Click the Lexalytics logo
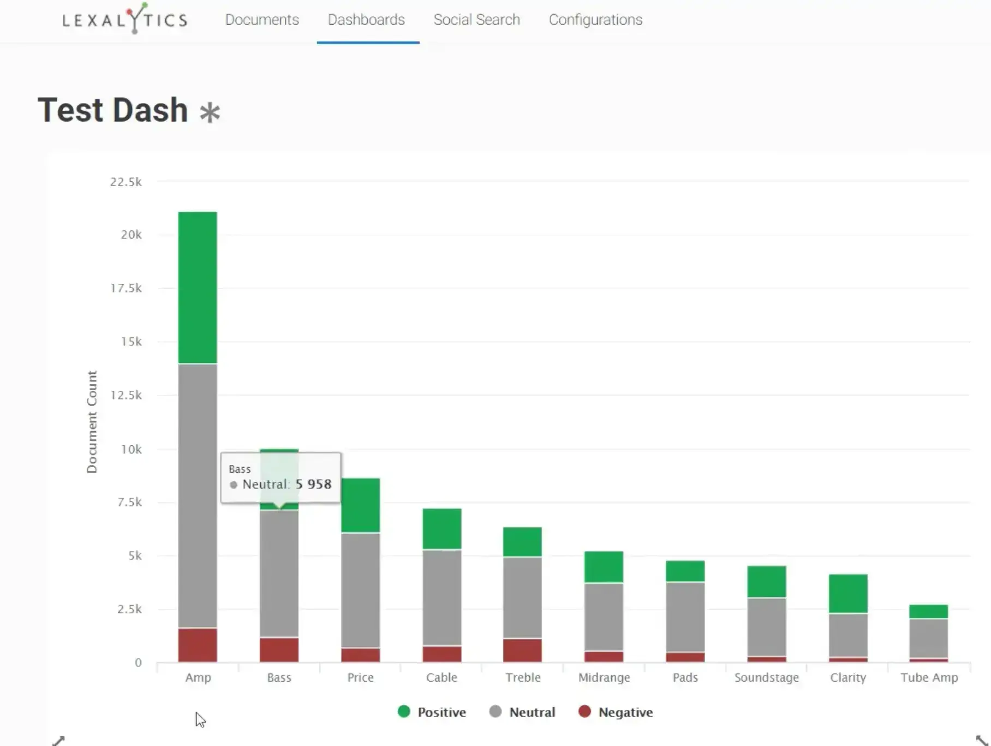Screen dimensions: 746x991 tap(125, 20)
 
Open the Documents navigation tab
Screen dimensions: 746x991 tap(262, 20)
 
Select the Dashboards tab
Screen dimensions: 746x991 tap(366, 20)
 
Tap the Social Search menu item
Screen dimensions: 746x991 tap(476, 20)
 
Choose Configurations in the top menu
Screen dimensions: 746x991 tap(595, 20)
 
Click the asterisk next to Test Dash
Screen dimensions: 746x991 tap(210, 112)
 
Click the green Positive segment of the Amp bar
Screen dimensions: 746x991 tap(198, 287)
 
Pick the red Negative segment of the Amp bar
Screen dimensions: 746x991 tap(198, 644)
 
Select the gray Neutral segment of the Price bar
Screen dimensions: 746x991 tap(360, 590)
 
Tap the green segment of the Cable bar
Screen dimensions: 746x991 tap(441, 528)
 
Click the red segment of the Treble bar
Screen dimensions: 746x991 tap(522, 649)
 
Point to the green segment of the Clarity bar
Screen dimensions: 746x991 tap(847, 593)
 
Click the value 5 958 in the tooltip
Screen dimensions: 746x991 tap(313, 484)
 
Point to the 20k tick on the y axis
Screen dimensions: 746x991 tap(131, 235)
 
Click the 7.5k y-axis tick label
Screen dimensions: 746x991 tap(129, 502)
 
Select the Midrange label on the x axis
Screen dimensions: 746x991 tap(604, 677)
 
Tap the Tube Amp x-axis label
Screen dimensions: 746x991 tap(929, 677)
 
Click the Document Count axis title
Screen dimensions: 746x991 tap(92, 422)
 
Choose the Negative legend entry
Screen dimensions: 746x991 tap(616, 712)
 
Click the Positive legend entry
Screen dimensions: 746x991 tap(432, 712)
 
